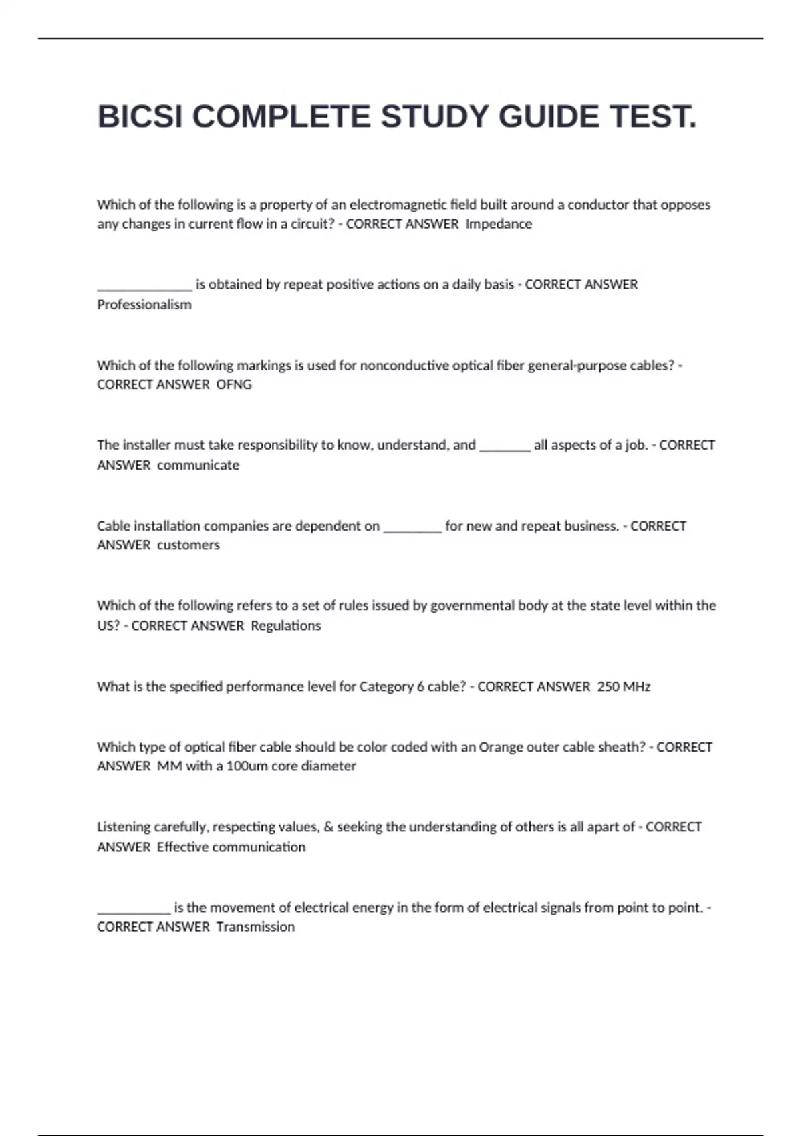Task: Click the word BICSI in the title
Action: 140,117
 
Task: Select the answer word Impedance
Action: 499,224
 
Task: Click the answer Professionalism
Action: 144,305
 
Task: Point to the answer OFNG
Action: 234,384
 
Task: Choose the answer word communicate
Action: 198,465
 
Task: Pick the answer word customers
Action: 188,545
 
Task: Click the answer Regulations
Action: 285,626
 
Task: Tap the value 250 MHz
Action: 624,686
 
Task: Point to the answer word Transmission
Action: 255,927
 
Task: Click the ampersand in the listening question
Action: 328,827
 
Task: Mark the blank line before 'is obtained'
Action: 144,289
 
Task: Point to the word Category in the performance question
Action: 386,686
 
